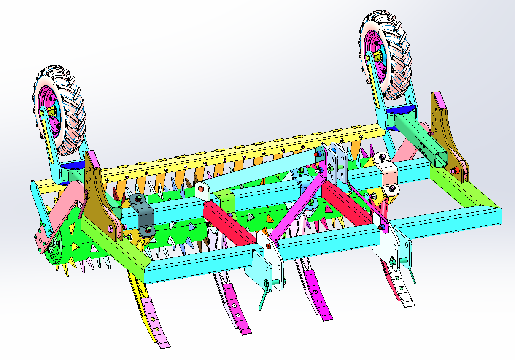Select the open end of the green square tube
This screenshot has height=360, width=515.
click(x=441, y=159)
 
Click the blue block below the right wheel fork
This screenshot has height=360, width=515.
click(x=401, y=110)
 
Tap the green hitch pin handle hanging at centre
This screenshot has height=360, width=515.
click(x=263, y=295)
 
